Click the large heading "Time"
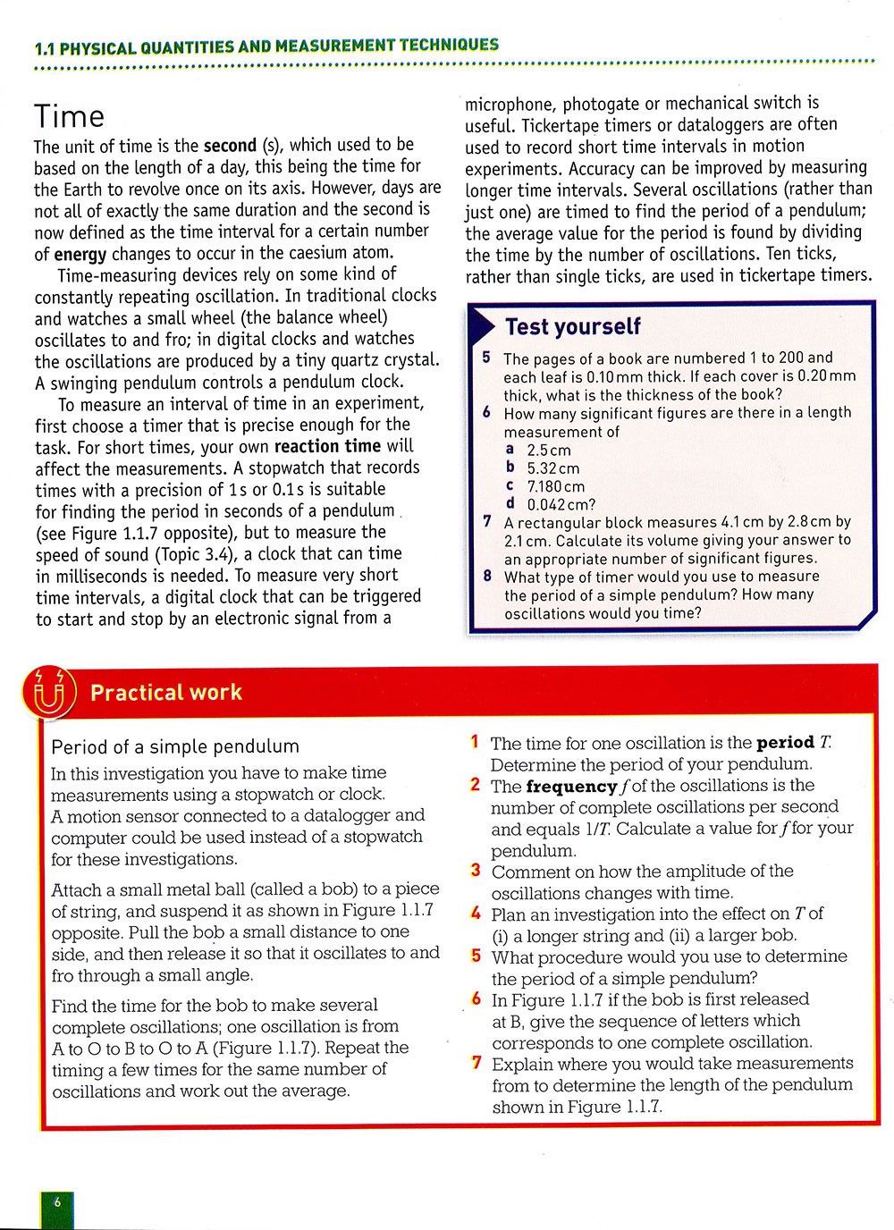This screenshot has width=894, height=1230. click(x=69, y=117)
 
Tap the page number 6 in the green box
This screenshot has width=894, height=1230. click(x=56, y=1202)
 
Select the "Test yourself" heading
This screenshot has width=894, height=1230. click(x=572, y=327)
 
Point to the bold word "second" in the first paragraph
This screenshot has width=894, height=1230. click(x=230, y=145)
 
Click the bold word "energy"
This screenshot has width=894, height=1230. click(x=80, y=254)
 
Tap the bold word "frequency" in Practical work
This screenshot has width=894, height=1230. click(x=571, y=787)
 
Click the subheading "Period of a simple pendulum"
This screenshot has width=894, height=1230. click(x=175, y=746)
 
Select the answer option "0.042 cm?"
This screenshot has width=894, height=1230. click(x=561, y=504)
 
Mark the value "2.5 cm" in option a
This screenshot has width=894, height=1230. click(x=548, y=451)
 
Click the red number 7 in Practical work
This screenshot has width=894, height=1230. click(x=477, y=1063)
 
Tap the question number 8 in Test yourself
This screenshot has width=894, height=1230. click(x=487, y=577)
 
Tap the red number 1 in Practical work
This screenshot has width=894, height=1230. click(x=475, y=742)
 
